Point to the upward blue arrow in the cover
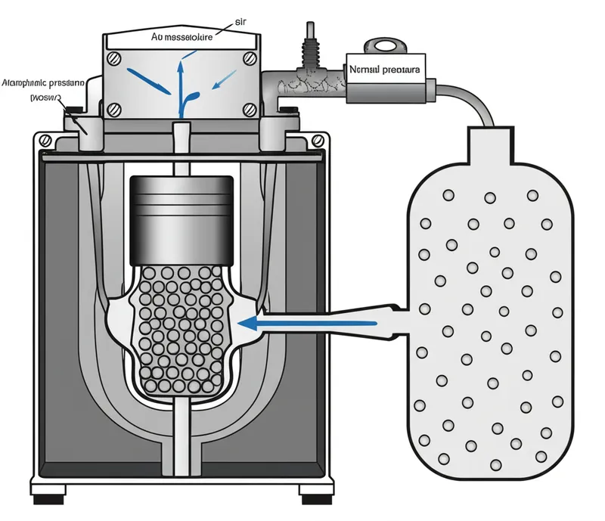point(180,83)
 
